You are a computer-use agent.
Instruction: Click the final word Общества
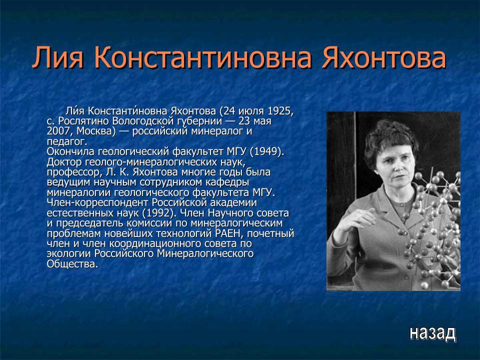(72, 264)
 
